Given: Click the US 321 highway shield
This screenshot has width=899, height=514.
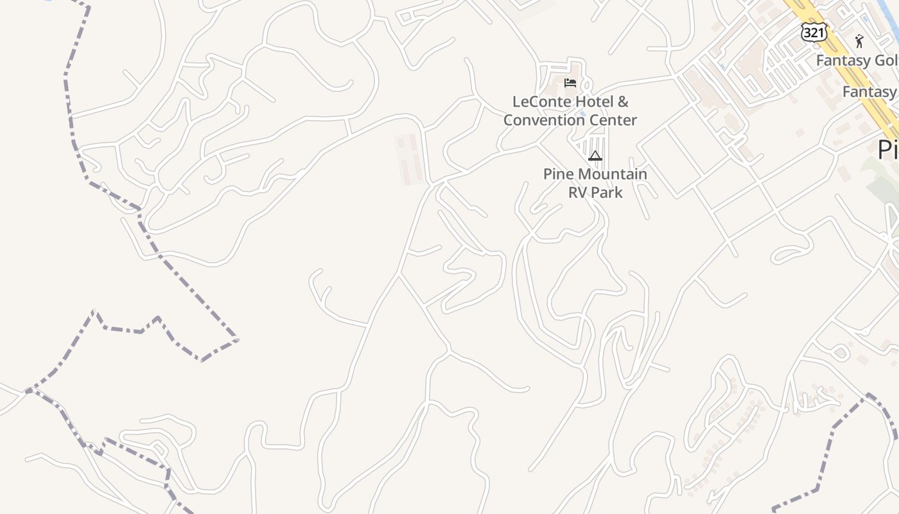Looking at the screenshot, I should click(x=814, y=33).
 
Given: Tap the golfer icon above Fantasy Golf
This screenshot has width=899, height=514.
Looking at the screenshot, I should click(x=859, y=41).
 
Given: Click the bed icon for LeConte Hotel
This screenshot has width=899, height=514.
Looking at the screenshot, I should click(x=570, y=83).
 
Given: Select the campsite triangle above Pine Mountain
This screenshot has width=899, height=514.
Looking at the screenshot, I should click(x=595, y=155).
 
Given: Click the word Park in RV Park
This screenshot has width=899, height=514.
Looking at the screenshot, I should click(x=607, y=192).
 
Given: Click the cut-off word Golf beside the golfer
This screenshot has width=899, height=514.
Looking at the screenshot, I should click(x=883, y=61).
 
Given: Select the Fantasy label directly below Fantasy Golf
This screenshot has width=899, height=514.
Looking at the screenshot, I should click(x=869, y=92).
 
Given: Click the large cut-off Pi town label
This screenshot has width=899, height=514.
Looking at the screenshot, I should click(x=887, y=150).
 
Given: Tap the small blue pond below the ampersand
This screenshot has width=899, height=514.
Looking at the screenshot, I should click(x=582, y=120).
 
